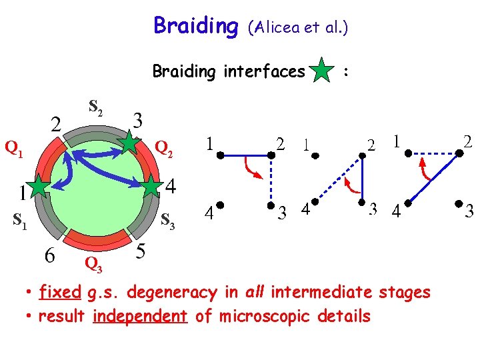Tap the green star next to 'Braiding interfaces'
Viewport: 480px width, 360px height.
pos(322,71)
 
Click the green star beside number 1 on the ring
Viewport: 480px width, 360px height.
pos(41,189)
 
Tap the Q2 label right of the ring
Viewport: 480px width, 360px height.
pos(164,148)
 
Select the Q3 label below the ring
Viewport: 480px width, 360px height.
pos(93,266)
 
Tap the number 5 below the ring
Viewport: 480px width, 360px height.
pos(140,251)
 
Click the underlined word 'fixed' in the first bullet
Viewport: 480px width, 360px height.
pos(61,292)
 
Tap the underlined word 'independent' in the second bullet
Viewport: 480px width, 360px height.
pos(140,315)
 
